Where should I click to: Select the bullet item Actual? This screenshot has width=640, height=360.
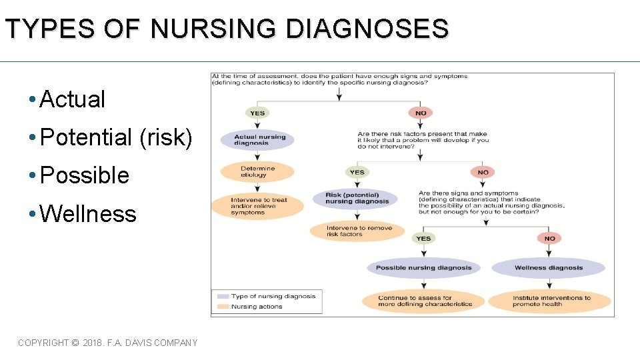tap(72, 99)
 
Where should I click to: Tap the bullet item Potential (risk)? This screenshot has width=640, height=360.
tap(116, 137)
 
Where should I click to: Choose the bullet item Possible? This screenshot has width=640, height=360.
tap(84, 175)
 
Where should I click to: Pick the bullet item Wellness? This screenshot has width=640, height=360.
tap(87, 214)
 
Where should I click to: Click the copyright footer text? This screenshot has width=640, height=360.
tap(108, 343)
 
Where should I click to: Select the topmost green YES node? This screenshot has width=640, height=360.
tap(257, 113)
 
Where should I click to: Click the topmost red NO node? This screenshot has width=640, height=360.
tap(421, 113)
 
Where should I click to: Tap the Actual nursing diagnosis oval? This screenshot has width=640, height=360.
tap(259, 140)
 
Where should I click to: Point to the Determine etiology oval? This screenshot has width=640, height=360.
tap(257, 172)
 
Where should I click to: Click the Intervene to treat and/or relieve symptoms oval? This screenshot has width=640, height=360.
tap(259, 206)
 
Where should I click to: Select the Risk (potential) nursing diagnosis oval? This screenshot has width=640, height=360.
tap(357, 198)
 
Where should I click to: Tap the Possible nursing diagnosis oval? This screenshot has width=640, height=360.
tap(423, 268)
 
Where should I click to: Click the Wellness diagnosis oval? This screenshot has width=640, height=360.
tap(548, 268)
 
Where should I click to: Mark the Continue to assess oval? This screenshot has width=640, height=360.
tap(424, 301)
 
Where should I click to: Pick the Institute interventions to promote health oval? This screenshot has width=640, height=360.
tap(551, 301)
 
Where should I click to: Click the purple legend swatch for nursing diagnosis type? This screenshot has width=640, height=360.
tap(222, 296)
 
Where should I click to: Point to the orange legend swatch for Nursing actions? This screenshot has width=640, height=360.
tap(222, 307)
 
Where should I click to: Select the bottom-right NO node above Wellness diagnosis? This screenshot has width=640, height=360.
tap(549, 238)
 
